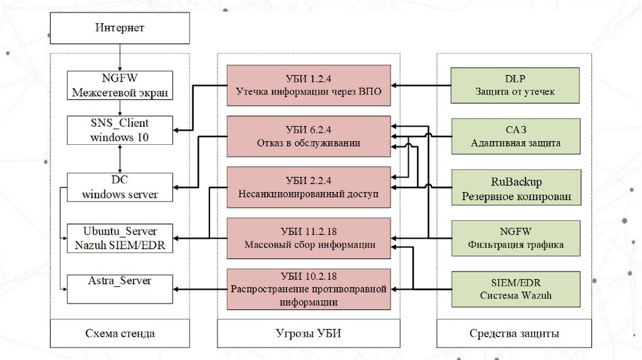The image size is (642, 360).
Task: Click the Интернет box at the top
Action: click(x=120, y=28)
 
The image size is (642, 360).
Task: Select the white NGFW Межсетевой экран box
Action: click(x=120, y=86)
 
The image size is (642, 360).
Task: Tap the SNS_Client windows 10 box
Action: click(x=120, y=129)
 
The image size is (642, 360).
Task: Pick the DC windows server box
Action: click(x=120, y=188)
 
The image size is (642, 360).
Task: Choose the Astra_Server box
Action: click(x=120, y=289)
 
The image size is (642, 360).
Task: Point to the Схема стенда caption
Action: click(x=120, y=333)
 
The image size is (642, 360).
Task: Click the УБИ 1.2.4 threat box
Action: click(x=308, y=85)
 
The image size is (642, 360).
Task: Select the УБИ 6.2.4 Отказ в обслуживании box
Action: click(x=308, y=136)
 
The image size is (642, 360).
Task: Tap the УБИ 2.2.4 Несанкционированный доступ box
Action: click(x=308, y=187)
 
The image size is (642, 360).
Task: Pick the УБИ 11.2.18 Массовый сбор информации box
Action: click(x=308, y=238)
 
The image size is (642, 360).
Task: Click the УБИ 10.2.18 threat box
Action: click(x=308, y=289)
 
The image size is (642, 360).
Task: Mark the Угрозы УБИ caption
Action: click(x=308, y=333)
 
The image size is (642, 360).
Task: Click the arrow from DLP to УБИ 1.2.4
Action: click(x=421, y=85)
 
